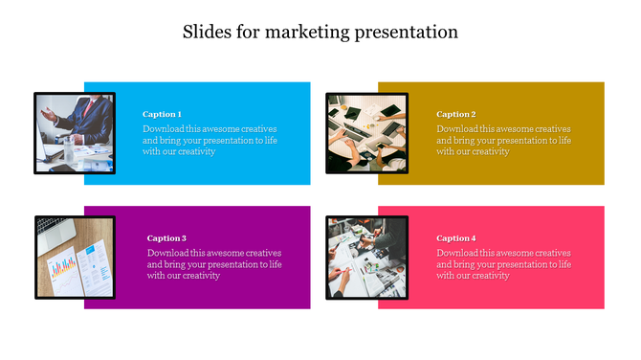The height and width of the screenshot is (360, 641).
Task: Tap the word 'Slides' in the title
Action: (x=205, y=32)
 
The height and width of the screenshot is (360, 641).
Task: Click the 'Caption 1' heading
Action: (x=162, y=114)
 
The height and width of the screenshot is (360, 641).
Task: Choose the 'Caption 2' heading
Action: (x=455, y=114)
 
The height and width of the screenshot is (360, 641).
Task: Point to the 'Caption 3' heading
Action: (x=166, y=238)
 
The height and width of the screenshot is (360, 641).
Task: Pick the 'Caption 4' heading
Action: (x=455, y=238)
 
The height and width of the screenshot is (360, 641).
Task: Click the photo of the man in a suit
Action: (x=75, y=132)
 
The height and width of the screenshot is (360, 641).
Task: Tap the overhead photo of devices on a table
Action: (x=366, y=132)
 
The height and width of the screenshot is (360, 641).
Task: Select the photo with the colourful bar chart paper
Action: (x=75, y=257)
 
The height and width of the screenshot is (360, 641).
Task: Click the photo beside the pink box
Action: (x=366, y=257)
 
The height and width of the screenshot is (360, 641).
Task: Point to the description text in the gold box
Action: (x=503, y=140)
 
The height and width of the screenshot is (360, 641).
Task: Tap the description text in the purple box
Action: (x=214, y=264)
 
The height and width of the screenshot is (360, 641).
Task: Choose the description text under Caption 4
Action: (x=503, y=264)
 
